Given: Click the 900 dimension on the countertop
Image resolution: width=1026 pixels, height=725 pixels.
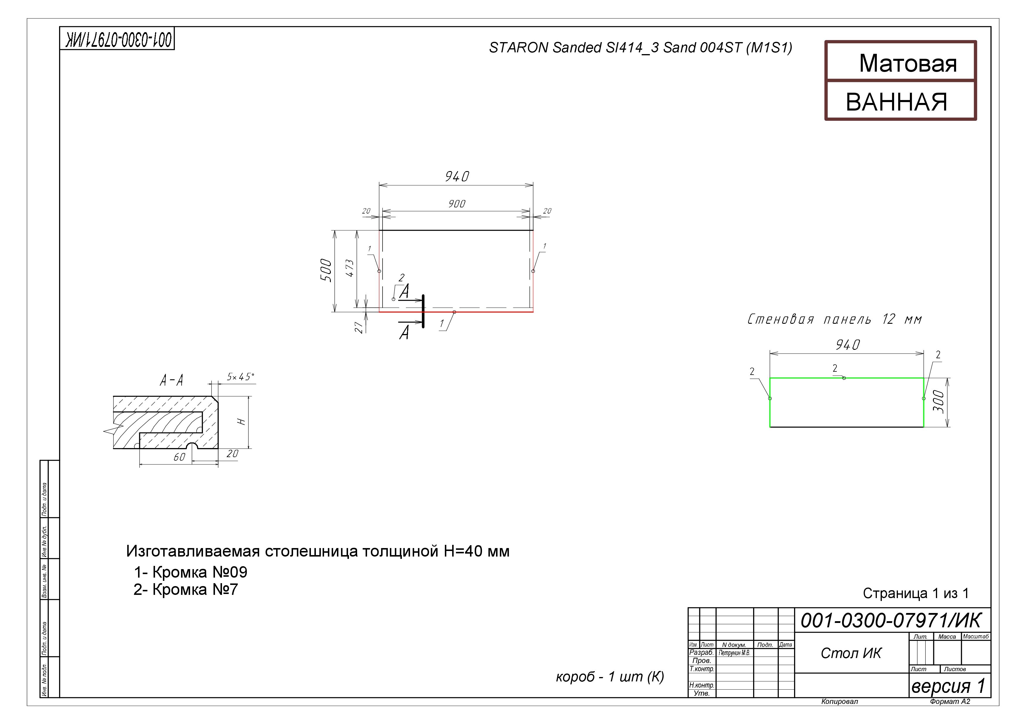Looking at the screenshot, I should coord(457,204).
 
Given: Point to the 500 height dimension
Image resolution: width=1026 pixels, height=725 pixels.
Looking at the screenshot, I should coord(326,270).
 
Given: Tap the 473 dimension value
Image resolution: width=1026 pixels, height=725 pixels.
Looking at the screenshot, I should coord(350,268).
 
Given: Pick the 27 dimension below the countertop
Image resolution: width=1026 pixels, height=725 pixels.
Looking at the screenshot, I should coord(358,328).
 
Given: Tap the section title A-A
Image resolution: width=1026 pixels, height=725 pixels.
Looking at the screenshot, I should coord(172,380).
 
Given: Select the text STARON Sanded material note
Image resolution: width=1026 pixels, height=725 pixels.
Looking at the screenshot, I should coord(640,48).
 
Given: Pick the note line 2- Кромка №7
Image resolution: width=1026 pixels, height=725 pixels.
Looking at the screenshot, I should coord(186,590).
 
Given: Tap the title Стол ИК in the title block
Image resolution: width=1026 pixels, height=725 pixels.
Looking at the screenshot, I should coord(851,653).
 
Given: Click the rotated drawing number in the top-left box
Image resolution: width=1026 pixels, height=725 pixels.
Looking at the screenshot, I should coord(117,39).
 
